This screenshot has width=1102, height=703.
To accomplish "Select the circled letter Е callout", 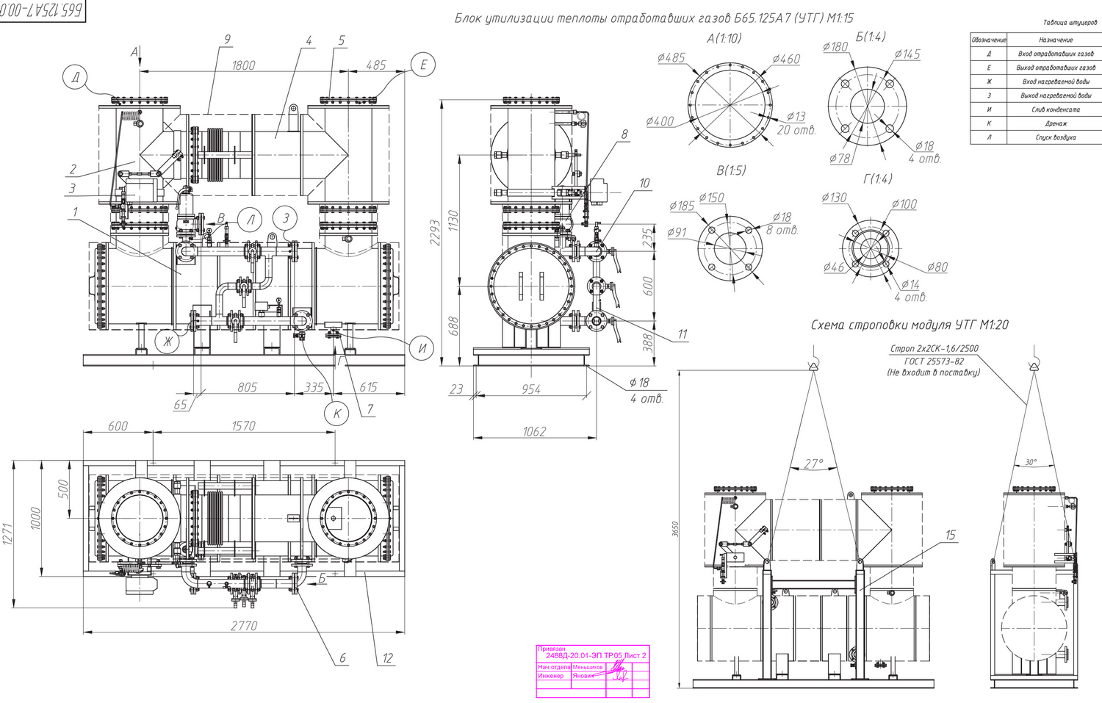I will pos(423,65).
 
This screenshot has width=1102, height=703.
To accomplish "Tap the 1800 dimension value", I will pos(243,65).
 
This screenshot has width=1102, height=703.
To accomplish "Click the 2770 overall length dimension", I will pos(244,625).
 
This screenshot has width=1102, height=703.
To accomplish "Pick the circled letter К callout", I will pos(336,414).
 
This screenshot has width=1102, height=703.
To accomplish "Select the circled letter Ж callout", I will pos(168,341).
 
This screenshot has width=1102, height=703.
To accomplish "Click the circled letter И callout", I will pos(422,349).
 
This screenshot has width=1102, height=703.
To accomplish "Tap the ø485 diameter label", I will pos(671,58).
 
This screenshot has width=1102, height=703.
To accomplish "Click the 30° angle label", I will pos(1031,462).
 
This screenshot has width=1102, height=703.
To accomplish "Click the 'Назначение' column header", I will pos(1056,40).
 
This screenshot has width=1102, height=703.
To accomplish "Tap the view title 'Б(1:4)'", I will pos(871,37).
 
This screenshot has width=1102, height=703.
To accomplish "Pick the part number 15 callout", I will pos(951,536).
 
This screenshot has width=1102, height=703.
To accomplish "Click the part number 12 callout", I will pos(388,659).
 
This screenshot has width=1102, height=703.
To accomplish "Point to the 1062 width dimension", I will pos(534,431).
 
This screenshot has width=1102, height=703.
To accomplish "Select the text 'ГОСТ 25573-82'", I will pos(934,361).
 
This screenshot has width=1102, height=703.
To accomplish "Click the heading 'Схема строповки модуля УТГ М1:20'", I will pos(910,325).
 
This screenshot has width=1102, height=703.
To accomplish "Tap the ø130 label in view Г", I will pos(834,198).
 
